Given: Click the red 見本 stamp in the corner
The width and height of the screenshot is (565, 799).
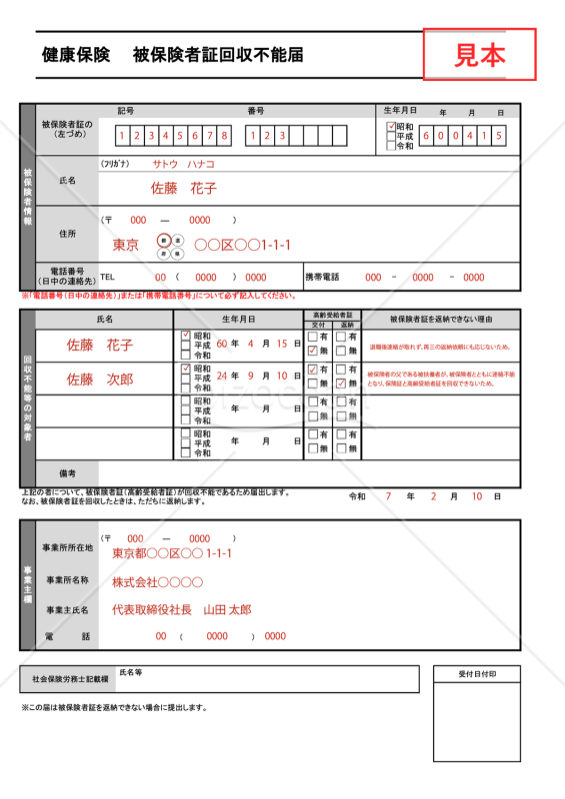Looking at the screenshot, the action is tap(480, 54).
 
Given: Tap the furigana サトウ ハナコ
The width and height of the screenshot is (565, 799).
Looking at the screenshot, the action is tap(183, 163).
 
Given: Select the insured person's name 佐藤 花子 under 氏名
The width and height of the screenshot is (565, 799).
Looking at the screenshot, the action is tap(183, 188).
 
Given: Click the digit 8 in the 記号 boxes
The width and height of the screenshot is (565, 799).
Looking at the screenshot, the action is tap(225, 135).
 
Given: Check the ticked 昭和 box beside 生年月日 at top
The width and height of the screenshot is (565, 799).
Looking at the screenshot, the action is tap(391, 128).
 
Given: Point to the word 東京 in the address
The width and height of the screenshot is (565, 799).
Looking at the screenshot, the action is tap(126, 245).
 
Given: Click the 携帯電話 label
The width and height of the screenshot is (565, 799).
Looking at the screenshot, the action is tap(322, 277).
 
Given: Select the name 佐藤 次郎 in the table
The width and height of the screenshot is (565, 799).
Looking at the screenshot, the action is tap(100, 380).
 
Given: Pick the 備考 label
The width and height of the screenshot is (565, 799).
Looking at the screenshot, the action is tap(67, 472).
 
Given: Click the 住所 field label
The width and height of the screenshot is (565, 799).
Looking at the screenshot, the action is tap(67, 234).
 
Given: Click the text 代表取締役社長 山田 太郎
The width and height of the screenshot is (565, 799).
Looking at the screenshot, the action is tap(181, 609).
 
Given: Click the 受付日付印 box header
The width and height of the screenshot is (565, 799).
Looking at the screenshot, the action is tap(477, 674).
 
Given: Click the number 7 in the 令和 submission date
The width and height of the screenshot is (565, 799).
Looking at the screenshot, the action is tap(386, 496).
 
